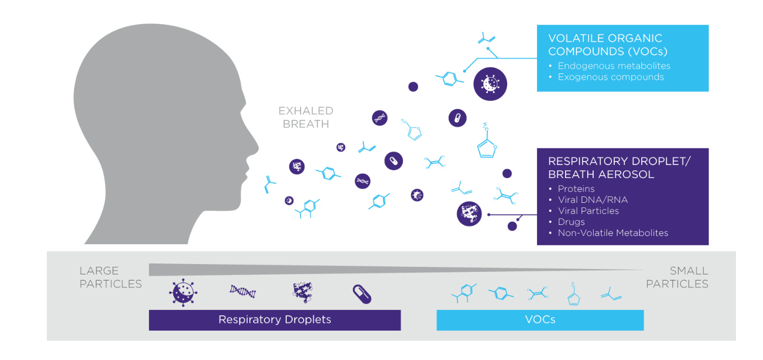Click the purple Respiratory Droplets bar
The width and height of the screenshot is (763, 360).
(275, 320)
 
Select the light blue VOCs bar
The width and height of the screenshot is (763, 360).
(540, 320)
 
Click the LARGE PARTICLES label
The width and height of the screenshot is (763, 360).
(110, 277)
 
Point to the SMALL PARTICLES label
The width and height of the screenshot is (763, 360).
(677, 277)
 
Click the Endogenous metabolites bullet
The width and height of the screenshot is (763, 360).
(614, 66)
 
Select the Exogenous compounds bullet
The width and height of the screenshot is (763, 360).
(610, 77)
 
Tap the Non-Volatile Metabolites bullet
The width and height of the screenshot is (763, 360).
(612, 233)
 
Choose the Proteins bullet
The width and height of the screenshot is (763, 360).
(576, 189)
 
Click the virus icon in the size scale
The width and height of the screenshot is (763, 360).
(183, 293)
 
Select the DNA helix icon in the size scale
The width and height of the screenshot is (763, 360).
(243, 292)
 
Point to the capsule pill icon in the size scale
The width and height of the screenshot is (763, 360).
(362, 294)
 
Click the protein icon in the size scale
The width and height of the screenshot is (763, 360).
(302, 293)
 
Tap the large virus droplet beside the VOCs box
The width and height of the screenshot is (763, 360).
(490, 84)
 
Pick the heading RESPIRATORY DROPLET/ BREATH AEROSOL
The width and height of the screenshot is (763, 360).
(619, 168)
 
